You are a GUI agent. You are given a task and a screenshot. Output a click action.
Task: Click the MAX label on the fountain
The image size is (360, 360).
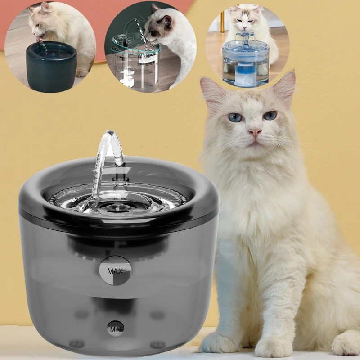115,271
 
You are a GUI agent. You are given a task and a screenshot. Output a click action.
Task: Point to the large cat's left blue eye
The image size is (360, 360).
236,118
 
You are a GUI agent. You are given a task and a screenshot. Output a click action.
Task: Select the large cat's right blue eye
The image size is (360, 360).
270,116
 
